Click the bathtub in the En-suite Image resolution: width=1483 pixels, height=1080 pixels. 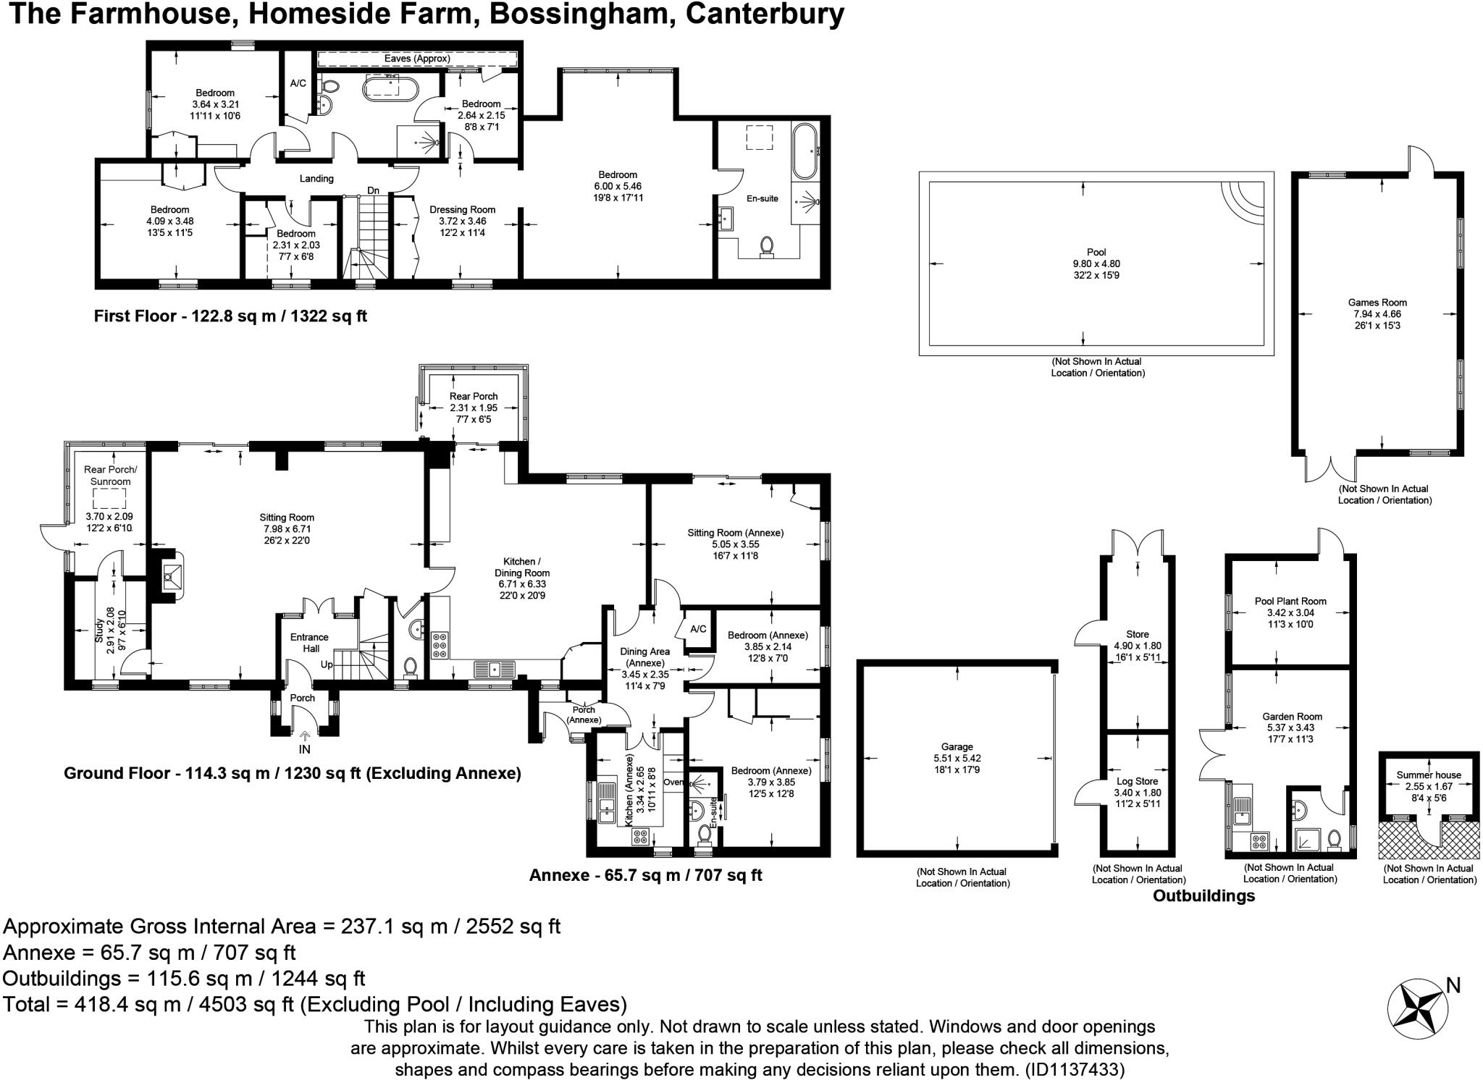click(x=804, y=151)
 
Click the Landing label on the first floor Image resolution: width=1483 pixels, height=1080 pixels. click(x=316, y=179)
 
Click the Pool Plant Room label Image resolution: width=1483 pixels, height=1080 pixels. click(x=1290, y=601)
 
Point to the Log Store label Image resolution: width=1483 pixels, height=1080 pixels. click(x=1137, y=781)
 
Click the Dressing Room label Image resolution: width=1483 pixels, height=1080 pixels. click(x=462, y=210)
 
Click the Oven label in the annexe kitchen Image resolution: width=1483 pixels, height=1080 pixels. click(x=673, y=782)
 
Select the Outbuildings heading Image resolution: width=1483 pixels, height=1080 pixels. click(x=1203, y=896)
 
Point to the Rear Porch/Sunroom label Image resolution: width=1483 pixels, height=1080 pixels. click(x=110, y=476)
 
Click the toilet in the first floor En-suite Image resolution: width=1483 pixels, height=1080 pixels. click(x=766, y=248)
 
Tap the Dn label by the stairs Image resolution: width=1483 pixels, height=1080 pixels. click(x=373, y=190)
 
